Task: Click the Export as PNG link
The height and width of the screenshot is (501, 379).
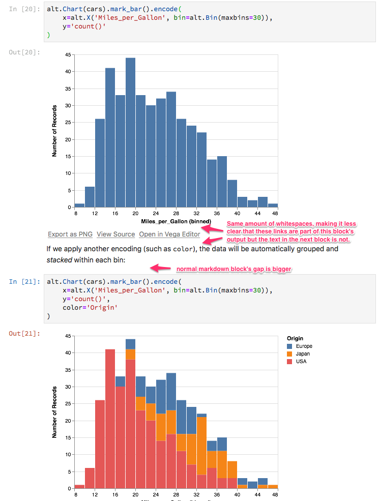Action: click(x=70, y=234)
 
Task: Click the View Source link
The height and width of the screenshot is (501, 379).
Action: click(x=116, y=234)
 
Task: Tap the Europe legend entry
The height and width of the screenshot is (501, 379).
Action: click(x=304, y=346)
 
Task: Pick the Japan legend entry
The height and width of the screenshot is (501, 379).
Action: click(x=303, y=354)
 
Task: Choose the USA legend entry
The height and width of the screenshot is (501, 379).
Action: click(x=301, y=362)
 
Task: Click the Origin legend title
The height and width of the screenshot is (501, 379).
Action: click(x=295, y=338)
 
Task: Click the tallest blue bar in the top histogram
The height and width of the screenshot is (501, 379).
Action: click(x=130, y=132)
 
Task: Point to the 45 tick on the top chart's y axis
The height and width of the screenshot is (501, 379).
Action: click(x=68, y=55)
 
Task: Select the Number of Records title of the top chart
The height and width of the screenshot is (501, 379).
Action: click(x=54, y=131)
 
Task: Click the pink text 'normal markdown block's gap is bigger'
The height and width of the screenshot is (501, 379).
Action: click(x=234, y=269)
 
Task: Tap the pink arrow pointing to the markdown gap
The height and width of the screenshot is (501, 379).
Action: click(x=160, y=268)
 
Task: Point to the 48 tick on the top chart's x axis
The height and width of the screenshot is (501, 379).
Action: click(x=275, y=214)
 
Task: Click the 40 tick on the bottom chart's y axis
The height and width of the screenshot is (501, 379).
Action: click(x=68, y=353)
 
